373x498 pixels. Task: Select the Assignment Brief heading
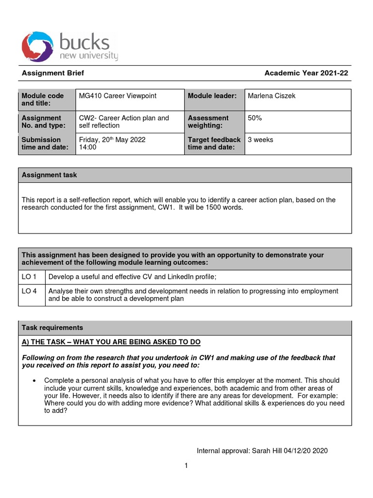pyautogui.click(x=53, y=73)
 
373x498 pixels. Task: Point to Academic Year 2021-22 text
pyautogui.click(x=306, y=73)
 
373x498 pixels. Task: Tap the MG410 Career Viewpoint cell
pyautogui.click(x=118, y=96)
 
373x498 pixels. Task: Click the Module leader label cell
pyautogui.click(x=212, y=96)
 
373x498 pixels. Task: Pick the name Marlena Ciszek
pyautogui.click(x=271, y=96)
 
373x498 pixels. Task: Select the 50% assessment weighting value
pyautogui.click(x=254, y=118)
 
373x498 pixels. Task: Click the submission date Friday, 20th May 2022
pyautogui.click(x=112, y=140)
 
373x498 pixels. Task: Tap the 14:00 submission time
pyautogui.click(x=88, y=147)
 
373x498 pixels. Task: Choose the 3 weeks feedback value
pyautogui.click(x=260, y=140)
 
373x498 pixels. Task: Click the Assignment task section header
pyautogui.click(x=50, y=175)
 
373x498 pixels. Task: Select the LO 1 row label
pyautogui.click(x=30, y=277)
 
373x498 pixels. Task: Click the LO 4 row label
pyautogui.click(x=30, y=291)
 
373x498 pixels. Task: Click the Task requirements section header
pyautogui.click(x=52, y=328)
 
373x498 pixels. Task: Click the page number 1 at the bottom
pyautogui.click(x=186, y=466)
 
